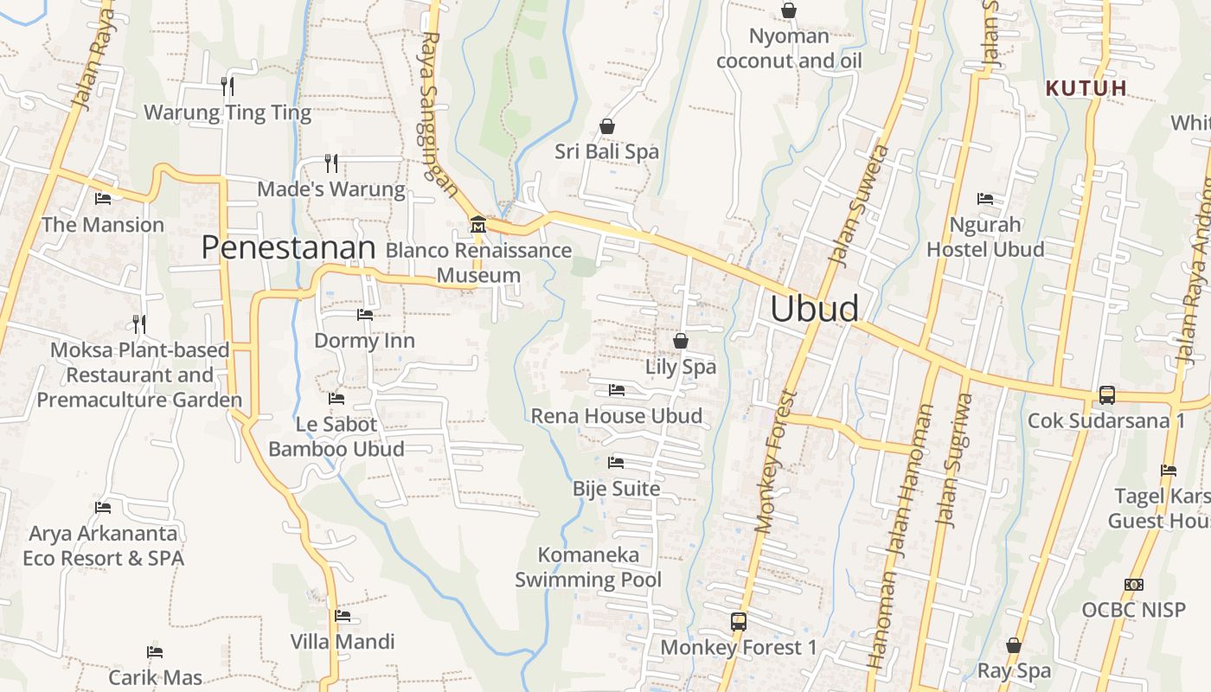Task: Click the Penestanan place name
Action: [288, 248]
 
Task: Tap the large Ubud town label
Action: [815, 309]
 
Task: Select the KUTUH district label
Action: [1086, 88]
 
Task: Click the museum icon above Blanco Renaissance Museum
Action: [477, 226]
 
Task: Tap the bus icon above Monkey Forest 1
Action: [738, 621]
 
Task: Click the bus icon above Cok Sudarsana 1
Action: [1106, 395]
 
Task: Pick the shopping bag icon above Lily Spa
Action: [681, 341]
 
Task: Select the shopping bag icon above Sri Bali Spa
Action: [607, 126]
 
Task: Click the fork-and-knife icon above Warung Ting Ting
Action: [227, 86]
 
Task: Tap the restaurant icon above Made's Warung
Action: [330, 163]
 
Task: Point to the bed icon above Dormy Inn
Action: [365, 315]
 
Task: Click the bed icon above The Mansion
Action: [103, 199]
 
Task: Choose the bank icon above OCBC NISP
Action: [1133, 585]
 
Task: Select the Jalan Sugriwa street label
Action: [955, 460]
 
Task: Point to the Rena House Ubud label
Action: [616, 416]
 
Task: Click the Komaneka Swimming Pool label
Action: [588, 567]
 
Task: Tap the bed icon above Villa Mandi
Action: [343, 616]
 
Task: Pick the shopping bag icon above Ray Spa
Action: [1014, 645]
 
